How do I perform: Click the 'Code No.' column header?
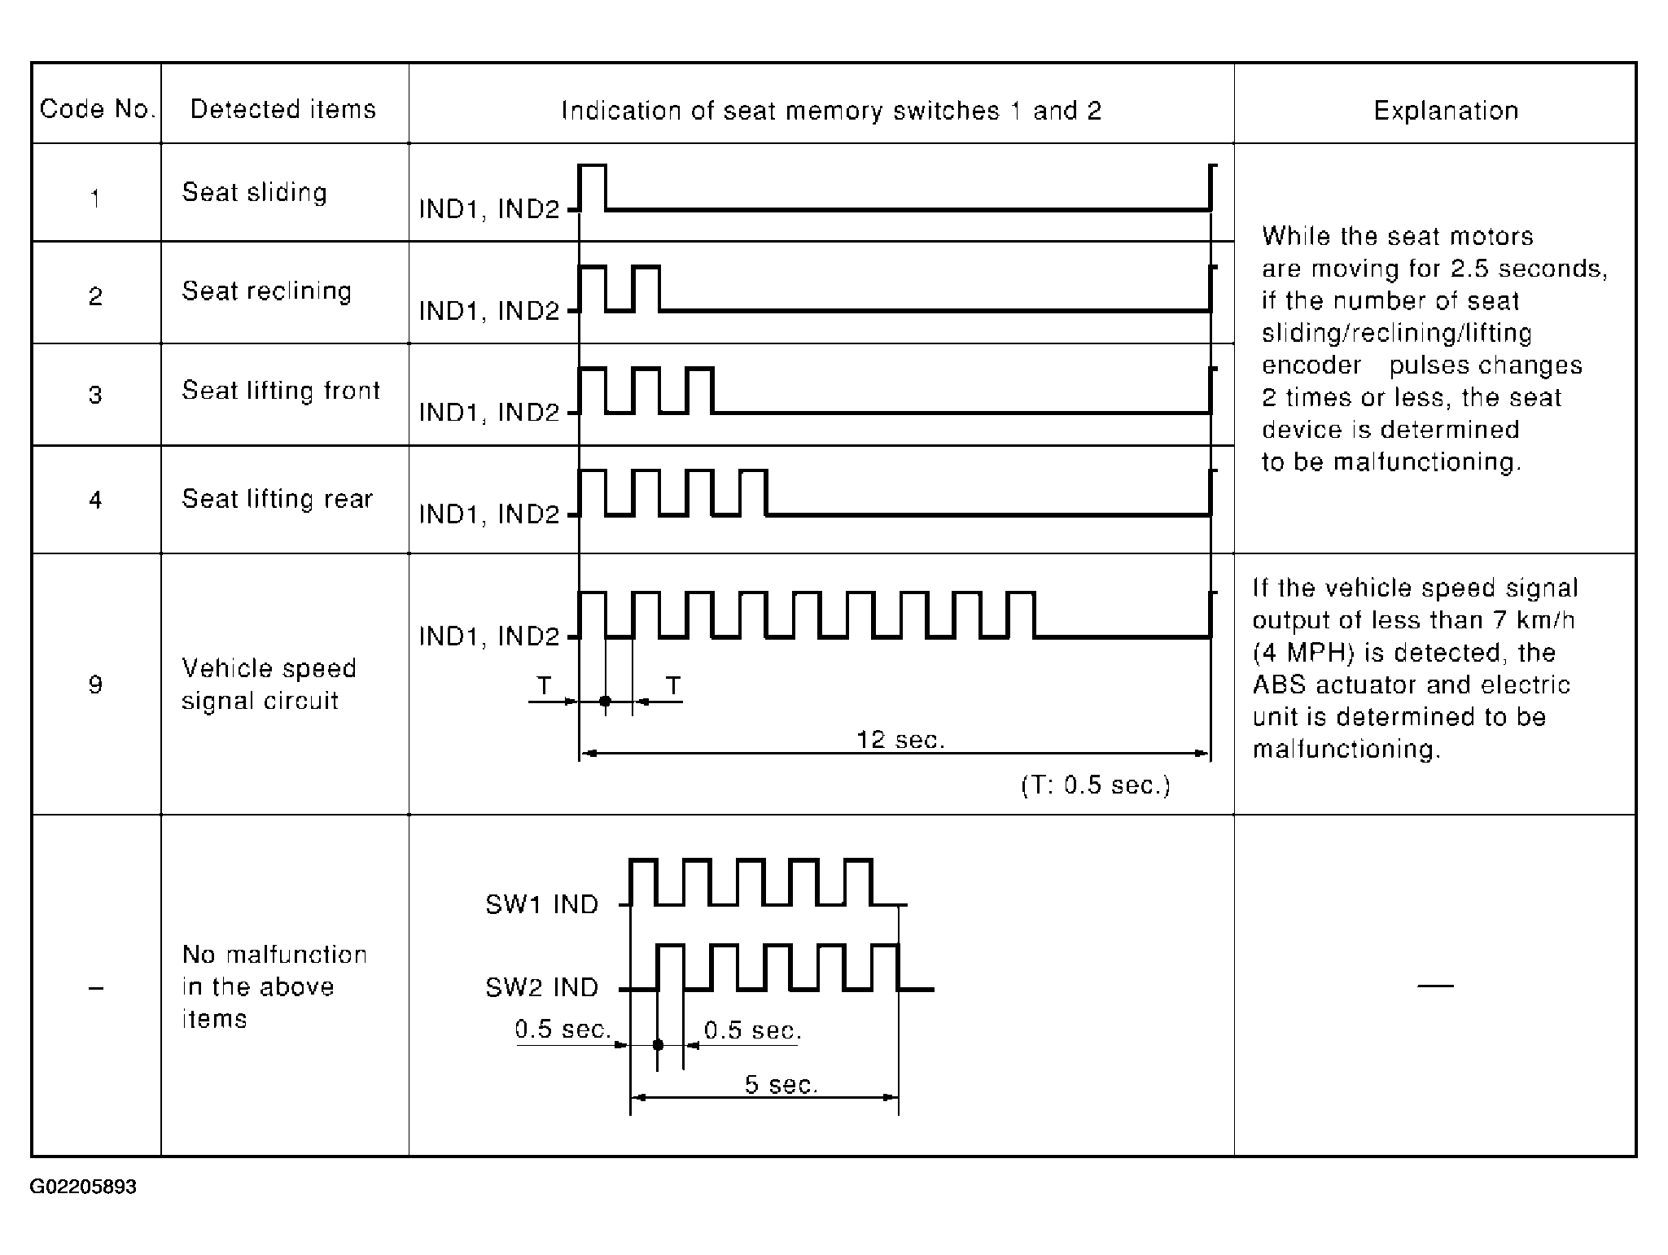click(97, 109)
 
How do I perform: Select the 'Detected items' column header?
click(283, 109)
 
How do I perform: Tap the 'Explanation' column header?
click(1446, 111)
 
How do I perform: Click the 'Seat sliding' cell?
click(254, 192)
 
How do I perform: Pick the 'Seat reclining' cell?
click(266, 291)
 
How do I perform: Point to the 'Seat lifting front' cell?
click(281, 391)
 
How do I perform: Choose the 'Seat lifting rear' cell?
click(277, 498)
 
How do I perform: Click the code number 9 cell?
click(95, 684)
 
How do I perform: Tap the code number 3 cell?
click(95, 395)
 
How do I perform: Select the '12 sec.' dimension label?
click(900, 740)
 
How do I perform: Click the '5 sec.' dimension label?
click(781, 1084)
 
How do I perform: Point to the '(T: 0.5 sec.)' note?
click(1096, 785)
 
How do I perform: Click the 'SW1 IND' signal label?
click(542, 904)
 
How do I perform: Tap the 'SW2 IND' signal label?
click(542, 987)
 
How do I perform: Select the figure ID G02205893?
click(83, 1187)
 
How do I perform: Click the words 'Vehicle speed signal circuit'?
click(269, 684)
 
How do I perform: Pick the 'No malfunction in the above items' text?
click(274, 986)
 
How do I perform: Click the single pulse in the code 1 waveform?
click(593, 187)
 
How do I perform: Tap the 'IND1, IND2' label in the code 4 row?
click(489, 514)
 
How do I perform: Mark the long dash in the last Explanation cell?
click(1435, 986)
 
